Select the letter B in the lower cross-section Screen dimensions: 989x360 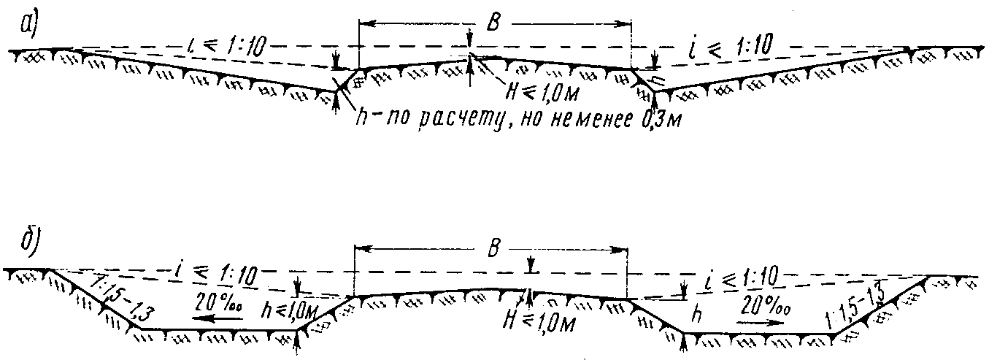pos(494,248)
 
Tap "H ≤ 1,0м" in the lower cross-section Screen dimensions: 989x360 pos(540,320)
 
